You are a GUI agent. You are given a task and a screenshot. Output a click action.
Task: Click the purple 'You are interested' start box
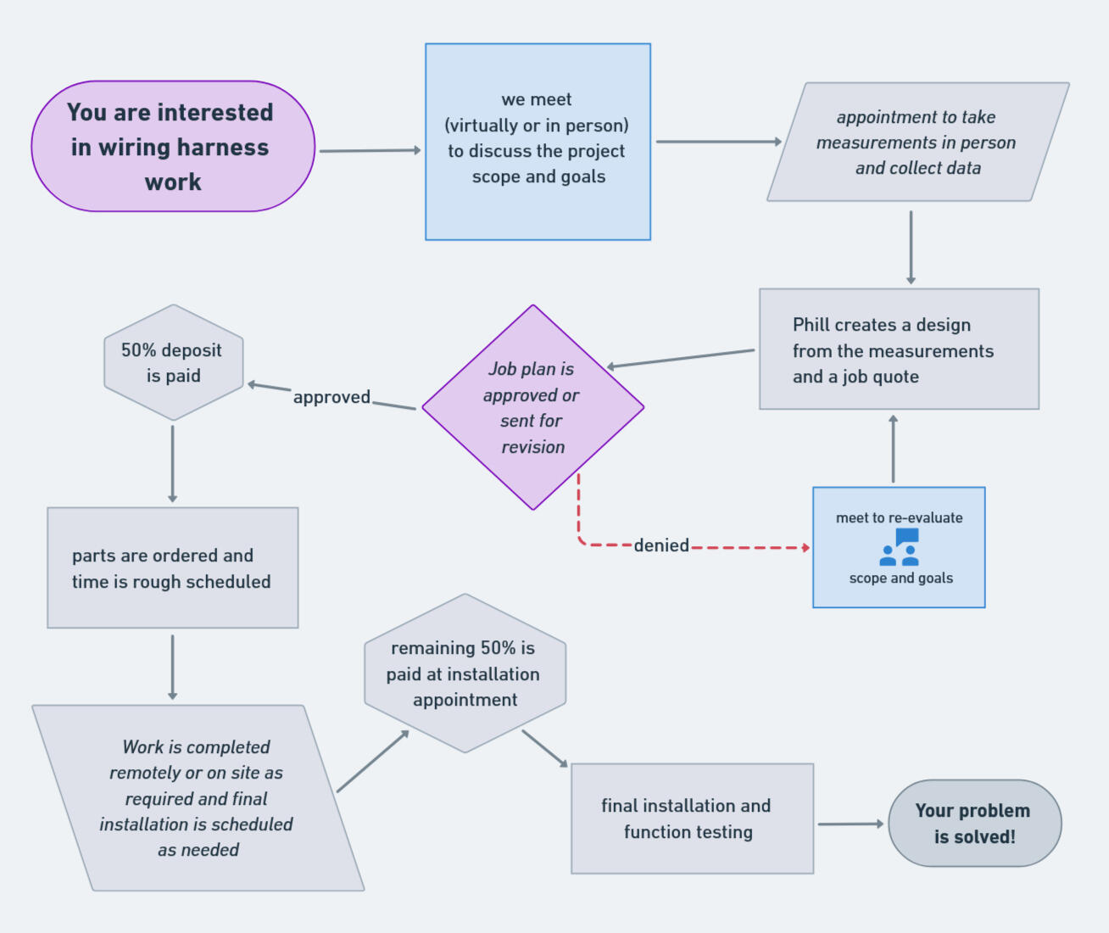click(173, 146)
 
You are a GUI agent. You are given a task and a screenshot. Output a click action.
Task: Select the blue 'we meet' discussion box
click(538, 142)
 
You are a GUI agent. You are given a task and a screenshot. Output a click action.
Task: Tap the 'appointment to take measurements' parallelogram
click(917, 142)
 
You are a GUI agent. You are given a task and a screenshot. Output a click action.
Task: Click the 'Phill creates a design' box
click(899, 349)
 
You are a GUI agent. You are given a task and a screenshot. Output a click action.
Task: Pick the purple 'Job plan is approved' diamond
click(532, 407)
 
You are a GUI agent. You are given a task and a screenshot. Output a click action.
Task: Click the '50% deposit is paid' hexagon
click(173, 362)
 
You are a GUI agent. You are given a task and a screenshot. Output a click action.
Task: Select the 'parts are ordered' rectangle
click(172, 567)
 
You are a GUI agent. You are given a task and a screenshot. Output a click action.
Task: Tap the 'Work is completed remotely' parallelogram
click(197, 797)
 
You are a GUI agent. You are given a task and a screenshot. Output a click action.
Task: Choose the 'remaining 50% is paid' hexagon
click(465, 673)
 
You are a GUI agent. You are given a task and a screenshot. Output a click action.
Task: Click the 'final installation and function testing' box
click(692, 818)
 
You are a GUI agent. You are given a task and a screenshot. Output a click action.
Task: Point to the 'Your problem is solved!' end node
click(974, 823)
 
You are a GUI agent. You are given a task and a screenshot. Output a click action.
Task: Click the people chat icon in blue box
click(900, 548)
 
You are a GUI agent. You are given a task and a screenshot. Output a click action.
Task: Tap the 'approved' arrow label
click(332, 397)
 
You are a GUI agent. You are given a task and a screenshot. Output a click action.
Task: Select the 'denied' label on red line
click(661, 545)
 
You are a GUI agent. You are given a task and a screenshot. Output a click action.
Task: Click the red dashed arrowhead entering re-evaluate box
click(805, 548)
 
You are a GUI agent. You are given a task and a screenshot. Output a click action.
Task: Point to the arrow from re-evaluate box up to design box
click(893, 450)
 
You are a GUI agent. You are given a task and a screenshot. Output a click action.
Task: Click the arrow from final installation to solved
click(850, 824)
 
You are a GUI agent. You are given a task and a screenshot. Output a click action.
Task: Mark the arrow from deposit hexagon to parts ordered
click(173, 463)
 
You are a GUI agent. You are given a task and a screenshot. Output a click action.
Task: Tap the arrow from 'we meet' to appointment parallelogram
click(717, 142)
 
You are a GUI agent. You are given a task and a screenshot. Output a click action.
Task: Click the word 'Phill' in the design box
click(811, 325)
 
